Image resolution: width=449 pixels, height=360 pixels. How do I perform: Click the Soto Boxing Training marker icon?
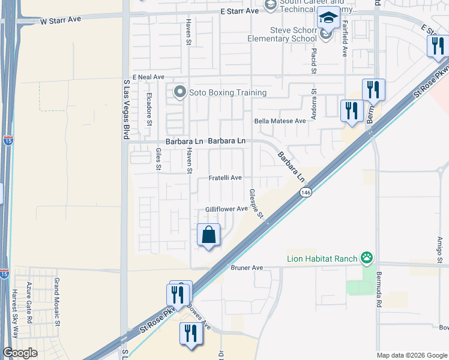click(x=179, y=92)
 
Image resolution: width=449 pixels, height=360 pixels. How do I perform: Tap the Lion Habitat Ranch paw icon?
click(x=367, y=259)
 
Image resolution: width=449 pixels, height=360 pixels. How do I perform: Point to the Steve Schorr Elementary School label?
click(x=282, y=34)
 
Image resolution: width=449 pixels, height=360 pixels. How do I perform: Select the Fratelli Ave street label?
click(x=225, y=178)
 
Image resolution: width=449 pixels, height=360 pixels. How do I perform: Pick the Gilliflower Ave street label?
click(x=226, y=209)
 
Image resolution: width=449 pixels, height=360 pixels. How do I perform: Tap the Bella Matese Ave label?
click(x=280, y=121)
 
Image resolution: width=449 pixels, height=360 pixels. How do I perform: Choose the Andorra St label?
click(x=313, y=103)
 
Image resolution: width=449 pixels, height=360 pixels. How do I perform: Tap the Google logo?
click(x=20, y=353)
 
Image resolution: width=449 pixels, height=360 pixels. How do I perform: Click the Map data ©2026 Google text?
click(x=412, y=355)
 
